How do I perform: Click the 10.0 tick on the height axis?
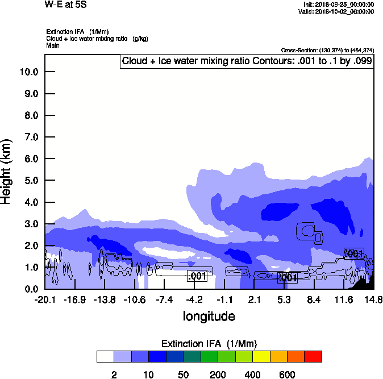[x=28, y=72]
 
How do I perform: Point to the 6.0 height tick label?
[x=28, y=159]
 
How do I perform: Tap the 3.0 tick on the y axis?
[x=28, y=224]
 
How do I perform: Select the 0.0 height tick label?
[x=28, y=289]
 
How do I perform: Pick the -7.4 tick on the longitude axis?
[x=164, y=299]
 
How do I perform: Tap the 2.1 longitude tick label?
[x=255, y=299]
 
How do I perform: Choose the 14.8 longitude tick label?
[x=373, y=299]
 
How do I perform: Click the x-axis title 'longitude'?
[x=209, y=315]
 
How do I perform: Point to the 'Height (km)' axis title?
[x=7, y=170]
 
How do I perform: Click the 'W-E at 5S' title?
[x=65, y=5]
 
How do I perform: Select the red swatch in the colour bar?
[x=313, y=356]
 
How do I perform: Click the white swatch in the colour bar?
[x=105, y=356]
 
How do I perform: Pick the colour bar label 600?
[x=287, y=374]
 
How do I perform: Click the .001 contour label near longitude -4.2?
[x=197, y=276]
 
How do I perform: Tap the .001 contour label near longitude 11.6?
[x=354, y=253]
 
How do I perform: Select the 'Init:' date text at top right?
[x=339, y=4]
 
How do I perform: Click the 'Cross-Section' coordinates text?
[x=327, y=50]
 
